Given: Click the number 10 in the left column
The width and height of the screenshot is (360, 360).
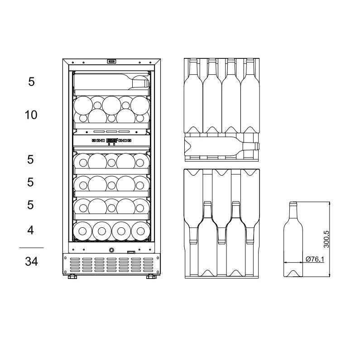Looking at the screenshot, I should tap(31, 115).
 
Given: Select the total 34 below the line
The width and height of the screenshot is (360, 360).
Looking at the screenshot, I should tap(31, 261).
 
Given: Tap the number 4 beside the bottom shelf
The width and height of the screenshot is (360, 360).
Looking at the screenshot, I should tap(31, 230).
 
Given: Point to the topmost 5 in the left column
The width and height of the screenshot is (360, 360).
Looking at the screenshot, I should tap(31, 82).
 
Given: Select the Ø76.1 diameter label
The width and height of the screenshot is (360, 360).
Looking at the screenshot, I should tap(314, 259).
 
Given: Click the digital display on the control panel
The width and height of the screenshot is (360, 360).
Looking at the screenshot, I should tap(111, 140).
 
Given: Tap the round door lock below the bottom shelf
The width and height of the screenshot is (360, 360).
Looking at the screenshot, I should tap(111, 250).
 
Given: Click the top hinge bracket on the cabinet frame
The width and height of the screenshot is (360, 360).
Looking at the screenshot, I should tap(111, 62).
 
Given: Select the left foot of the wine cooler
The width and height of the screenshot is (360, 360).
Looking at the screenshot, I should tap(72, 277).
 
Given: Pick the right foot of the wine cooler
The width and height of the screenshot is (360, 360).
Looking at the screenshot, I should tap(150, 277).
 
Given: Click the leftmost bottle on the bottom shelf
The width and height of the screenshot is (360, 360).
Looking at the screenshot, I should tap(82, 230).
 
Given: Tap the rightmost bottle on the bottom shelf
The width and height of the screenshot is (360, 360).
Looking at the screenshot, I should tap(140, 230).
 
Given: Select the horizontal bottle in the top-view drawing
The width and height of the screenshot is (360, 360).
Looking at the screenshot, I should tap(222, 146).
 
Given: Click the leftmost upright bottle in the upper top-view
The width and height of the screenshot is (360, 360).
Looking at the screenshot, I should tap(193, 95).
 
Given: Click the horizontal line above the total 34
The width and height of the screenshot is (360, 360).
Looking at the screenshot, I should tap(31, 248).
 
